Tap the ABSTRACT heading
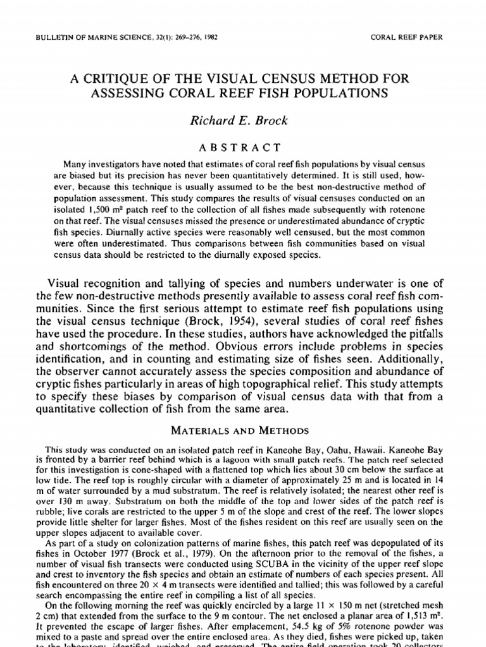243,147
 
